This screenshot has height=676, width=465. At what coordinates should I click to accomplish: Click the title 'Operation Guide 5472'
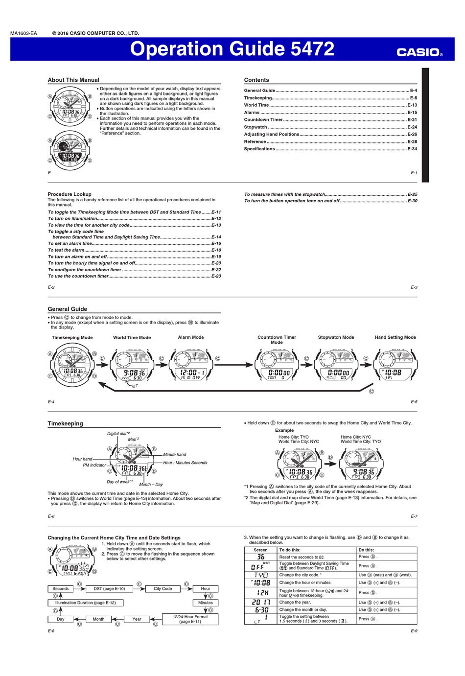pyautogui.click(x=232, y=49)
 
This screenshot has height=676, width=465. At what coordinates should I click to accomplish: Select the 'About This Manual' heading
pyautogui.click(x=73, y=80)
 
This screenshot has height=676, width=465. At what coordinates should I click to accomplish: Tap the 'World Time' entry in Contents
pyautogui.click(x=256, y=105)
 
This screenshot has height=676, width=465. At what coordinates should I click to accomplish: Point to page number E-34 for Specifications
pyautogui.click(x=412, y=149)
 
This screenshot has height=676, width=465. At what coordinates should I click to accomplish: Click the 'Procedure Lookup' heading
pyautogui.click(x=70, y=194)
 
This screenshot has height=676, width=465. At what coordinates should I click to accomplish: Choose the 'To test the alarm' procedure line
pyautogui.click(x=66, y=250)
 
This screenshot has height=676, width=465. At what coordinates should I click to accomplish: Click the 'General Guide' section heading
pyautogui.click(x=68, y=309)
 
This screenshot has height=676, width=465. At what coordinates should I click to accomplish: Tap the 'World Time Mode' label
pyautogui.click(x=132, y=337)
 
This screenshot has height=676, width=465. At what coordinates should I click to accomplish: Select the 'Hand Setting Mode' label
pyautogui.click(x=395, y=337)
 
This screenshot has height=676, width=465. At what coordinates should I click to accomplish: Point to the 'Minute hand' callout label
pyautogui.click(x=175, y=455)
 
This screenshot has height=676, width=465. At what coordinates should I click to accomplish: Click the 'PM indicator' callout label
pyautogui.click(x=94, y=465)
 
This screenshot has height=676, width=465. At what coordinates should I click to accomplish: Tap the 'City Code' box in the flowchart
pyautogui.click(x=163, y=589)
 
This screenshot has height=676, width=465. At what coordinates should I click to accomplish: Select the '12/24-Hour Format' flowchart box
pyautogui.click(x=190, y=619)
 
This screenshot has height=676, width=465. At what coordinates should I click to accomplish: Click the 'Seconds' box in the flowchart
pyautogui.click(x=61, y=589)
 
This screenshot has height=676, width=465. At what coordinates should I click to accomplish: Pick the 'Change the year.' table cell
pyautogui.click(x=294, y=603)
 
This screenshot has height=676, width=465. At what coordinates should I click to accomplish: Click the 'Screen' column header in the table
pyautogui.click(x=261, y=550)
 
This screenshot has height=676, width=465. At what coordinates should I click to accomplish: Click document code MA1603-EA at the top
pyautogui.click(x=23, y=33)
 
